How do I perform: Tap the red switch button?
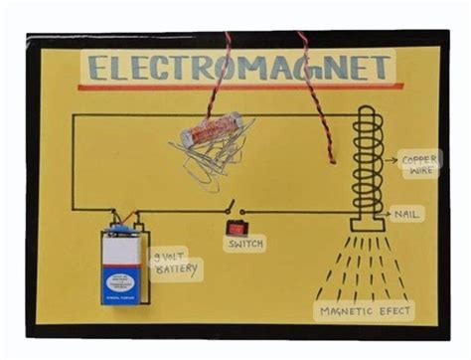click(x=237, y=227)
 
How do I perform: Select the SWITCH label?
click(x=244, y=244)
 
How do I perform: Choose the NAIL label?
click(x=410, y=214)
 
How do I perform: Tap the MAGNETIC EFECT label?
click(x=365, y=312)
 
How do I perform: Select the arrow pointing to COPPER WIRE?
click(x=386, y=159)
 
